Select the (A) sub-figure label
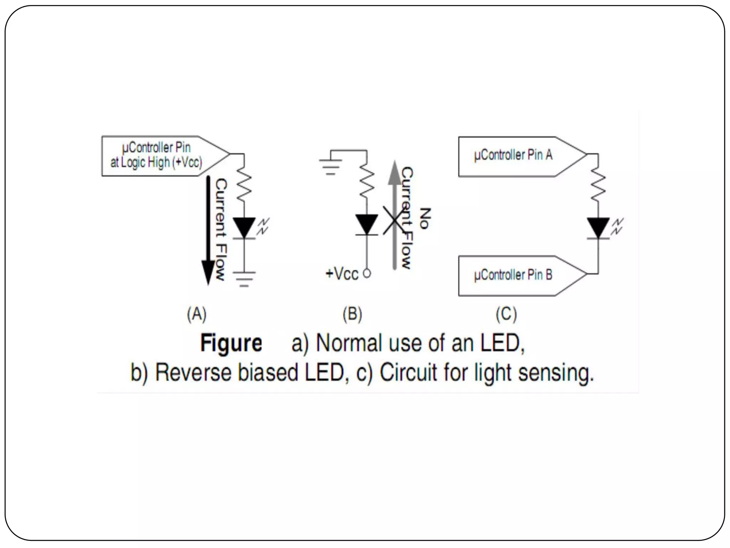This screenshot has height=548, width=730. click(x=197, y=315)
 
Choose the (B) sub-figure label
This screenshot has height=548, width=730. click(x=352, y=315)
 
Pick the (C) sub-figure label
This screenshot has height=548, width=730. click(x=506, y=315)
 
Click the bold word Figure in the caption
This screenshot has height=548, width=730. click(x=231, y=343)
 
